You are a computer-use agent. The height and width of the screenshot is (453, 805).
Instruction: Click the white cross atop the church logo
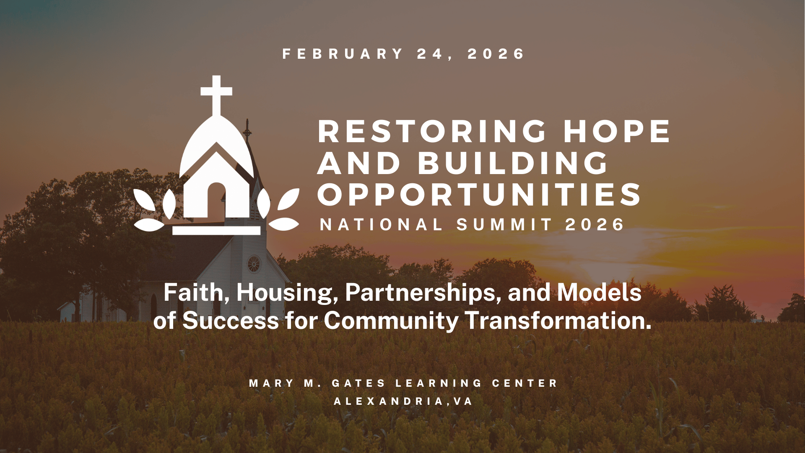tap(216, 95)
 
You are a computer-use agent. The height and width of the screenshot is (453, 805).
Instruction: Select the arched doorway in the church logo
tap(217, 200)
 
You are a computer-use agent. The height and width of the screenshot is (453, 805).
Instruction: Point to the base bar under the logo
tap(216, 230)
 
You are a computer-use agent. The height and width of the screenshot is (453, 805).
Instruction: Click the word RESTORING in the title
tap(432, 132)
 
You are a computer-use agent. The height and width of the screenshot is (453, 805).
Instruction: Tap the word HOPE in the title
tap(617, 132)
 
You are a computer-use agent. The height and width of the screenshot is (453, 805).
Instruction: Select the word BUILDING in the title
tap(513, 163)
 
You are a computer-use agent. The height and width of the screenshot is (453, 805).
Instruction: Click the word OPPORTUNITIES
tap(479, 195)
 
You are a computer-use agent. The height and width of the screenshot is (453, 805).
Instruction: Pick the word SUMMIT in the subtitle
tap(504, 225)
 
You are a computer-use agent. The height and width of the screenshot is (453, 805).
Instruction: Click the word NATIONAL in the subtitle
tap(381, 225)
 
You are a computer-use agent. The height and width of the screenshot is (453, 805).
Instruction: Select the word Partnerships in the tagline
tap(423, 293)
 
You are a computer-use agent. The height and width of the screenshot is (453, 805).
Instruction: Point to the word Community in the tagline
tap(391, 321)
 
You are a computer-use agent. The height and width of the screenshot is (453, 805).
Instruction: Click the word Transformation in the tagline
tap(559, 320)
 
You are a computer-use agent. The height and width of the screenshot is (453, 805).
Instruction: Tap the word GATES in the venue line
tap(358, 383)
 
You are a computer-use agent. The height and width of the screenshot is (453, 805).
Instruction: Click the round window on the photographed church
tap(254, 264)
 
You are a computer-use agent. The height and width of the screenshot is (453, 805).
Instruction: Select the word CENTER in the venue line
tap(525, 383)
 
